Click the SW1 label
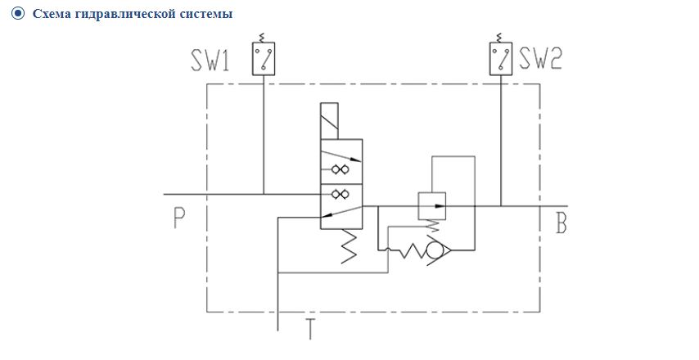[x=210, y=60]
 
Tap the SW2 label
[x=540, y=58]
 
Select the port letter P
[x=179, y=218]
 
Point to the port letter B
[x=561, y=223]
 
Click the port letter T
[x=310, y=329]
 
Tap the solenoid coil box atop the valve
[x=329, y=121]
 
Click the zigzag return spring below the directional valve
[x=349, y=246]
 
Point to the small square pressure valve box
[x=431, y=206]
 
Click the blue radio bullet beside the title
[x=18, y=13]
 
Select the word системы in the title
[x=206, y=14]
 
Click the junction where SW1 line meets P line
[x=264, y=194]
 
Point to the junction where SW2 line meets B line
[x=501, y=206]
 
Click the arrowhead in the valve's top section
[x=355, y=159]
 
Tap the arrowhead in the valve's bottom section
[x=327, y=215]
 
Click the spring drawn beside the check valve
[x=412, y=251]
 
